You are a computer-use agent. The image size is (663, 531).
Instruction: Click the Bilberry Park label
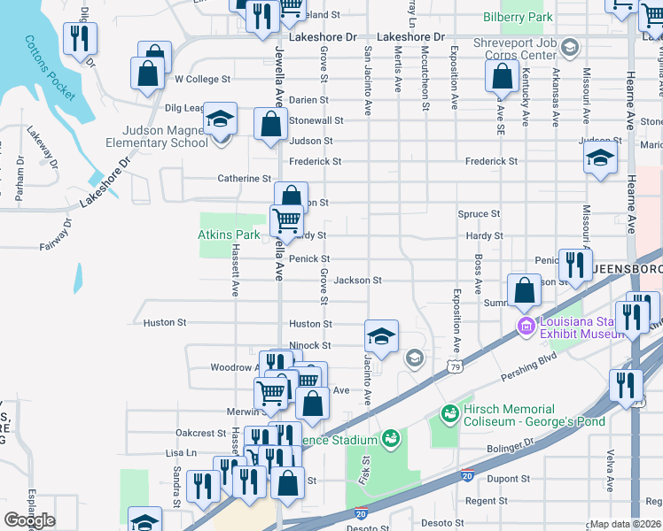(519, 17)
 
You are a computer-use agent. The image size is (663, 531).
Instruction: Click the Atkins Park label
(229, 235)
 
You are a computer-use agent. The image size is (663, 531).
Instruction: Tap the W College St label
(202, 79)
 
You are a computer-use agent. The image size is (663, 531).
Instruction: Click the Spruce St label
(479, 214)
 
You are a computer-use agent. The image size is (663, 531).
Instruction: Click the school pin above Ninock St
(381, 336)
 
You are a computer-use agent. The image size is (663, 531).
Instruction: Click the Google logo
(30, 519)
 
